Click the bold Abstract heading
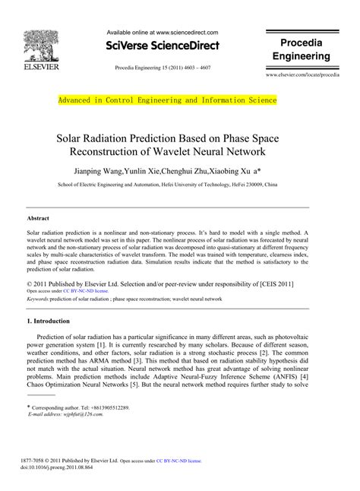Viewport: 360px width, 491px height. coord(39,218)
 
